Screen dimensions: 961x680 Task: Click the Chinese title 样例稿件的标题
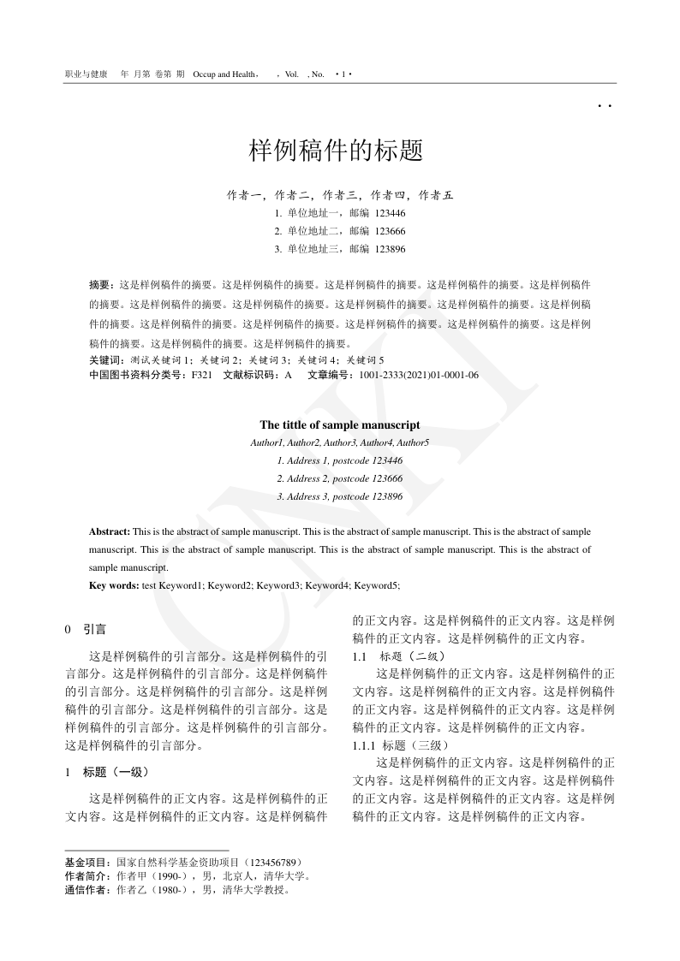click(336, 151)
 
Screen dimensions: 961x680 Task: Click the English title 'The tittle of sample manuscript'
click(339, 424)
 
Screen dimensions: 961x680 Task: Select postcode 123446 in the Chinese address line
click(390, 213)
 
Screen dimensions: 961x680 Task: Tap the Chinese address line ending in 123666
click(339, 231)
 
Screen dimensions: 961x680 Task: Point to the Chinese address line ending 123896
click(339, 249)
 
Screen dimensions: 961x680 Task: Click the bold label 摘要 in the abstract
click(100, 283)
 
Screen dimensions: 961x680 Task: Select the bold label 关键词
click(106, 360)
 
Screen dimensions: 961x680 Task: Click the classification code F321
click(201, 375)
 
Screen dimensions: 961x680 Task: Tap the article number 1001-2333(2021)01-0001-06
click(419, 375)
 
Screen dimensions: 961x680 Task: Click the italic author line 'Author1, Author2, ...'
click(339, 442)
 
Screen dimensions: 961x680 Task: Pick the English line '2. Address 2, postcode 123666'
click(339, 478)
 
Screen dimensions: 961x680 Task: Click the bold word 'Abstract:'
click(110, 532)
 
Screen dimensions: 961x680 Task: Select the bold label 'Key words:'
click(114, 585)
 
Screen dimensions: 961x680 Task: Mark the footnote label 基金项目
click(87, 863)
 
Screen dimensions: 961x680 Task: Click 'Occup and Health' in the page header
click(226, 74)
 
